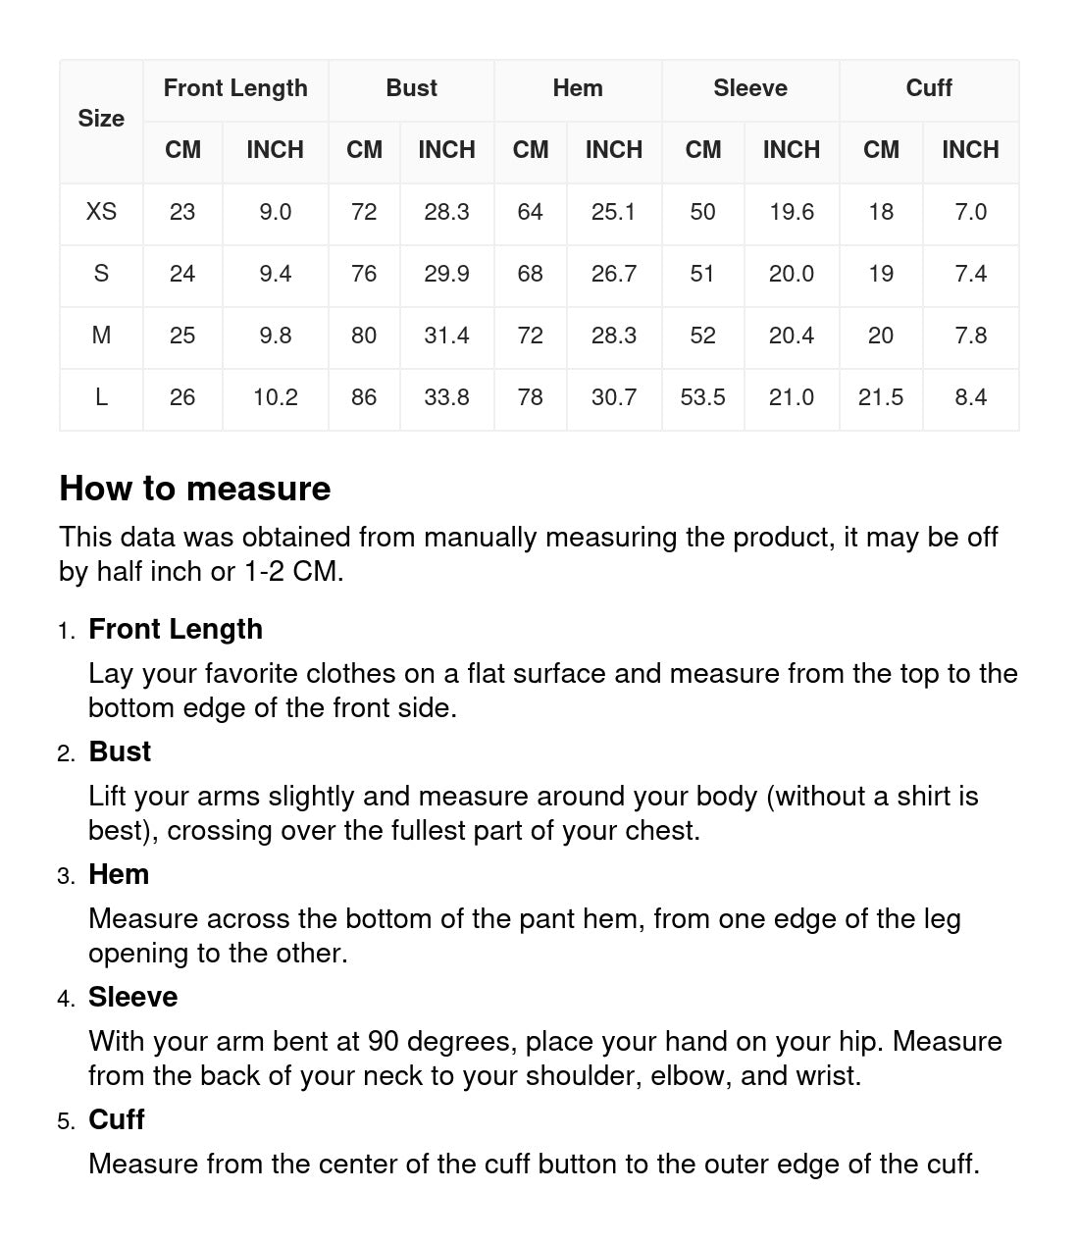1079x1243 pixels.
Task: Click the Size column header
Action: pos(101,119)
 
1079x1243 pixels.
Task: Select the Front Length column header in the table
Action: pos(235,88)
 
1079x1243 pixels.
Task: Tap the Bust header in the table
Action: pos(411,88)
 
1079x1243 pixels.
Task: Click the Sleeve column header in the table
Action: pos(749,88)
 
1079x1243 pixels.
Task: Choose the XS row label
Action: pos(101,212)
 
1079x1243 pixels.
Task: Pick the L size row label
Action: pos(101,397)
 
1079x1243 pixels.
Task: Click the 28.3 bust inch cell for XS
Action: pos(446,212)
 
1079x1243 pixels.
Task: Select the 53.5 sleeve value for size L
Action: pos(702,397)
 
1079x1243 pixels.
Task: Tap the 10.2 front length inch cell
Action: pos(275,397)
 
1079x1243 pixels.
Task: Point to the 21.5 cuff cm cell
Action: pos(880,397)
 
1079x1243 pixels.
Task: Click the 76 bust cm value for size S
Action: pos(364,274)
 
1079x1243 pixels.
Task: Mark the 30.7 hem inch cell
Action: pos(613,397)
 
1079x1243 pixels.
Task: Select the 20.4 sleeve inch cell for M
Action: pos(791,336)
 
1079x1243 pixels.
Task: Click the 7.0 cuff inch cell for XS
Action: pos(970,212)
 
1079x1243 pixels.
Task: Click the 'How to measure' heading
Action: pos(195,489)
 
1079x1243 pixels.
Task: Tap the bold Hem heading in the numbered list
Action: pos(119,874)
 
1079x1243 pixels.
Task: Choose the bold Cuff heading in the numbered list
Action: pos(117,1119)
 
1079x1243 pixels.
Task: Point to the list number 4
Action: pos(66,999)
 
